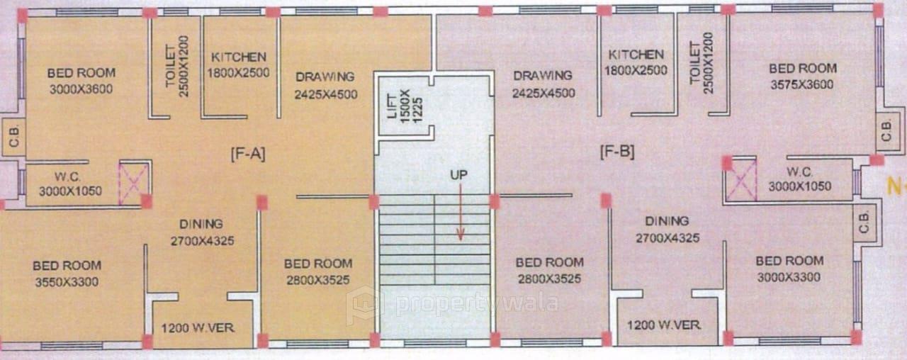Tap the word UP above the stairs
coord(458,174)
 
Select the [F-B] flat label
coord(616,151)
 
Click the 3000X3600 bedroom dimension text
coord(81,89)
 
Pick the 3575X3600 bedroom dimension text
coord(802,84)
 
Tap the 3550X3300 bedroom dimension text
coord(67,282)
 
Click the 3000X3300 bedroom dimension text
coord(789,277)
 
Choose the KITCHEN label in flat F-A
coord(239,57)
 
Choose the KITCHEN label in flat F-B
coord(636,55)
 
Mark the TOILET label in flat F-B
coord(694,62)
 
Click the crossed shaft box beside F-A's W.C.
coord(133,183)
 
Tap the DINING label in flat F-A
coord(201,223)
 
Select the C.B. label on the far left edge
coord(13,138)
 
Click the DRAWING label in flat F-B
coord(543,75)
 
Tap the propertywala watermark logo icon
coord(364,305)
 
